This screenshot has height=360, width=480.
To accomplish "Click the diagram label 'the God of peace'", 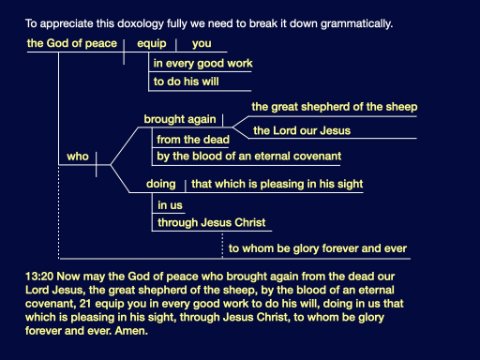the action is click(72, 43).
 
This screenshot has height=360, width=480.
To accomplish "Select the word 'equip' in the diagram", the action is click(152, 44).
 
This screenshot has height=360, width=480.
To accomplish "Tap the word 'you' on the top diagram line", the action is click(202, 44).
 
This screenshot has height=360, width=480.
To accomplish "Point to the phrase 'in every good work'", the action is click(203, 64).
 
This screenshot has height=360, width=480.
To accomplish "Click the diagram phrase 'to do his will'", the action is click(186, 81).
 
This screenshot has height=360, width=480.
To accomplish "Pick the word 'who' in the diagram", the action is click(78, 156).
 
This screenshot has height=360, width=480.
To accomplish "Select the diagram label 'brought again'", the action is click(180, 119).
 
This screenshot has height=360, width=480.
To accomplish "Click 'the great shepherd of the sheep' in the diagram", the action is click(335, 107).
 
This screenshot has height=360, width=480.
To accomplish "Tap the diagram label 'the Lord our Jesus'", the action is click(302, 130).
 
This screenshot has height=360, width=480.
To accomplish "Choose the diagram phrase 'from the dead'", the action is click(193, 139).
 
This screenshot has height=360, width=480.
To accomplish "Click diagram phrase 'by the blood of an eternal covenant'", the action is click(249, 156).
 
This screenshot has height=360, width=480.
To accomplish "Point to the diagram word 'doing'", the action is click(161, 184).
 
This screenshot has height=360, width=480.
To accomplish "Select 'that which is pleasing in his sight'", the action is click(277, 184).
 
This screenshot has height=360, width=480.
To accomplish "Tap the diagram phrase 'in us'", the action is click(170, 205).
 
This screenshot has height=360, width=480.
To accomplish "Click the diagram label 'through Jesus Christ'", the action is click(212, 222).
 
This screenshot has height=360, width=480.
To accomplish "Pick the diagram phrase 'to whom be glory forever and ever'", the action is click(318, 248).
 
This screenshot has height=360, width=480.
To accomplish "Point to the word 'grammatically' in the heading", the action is click(357, 24).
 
